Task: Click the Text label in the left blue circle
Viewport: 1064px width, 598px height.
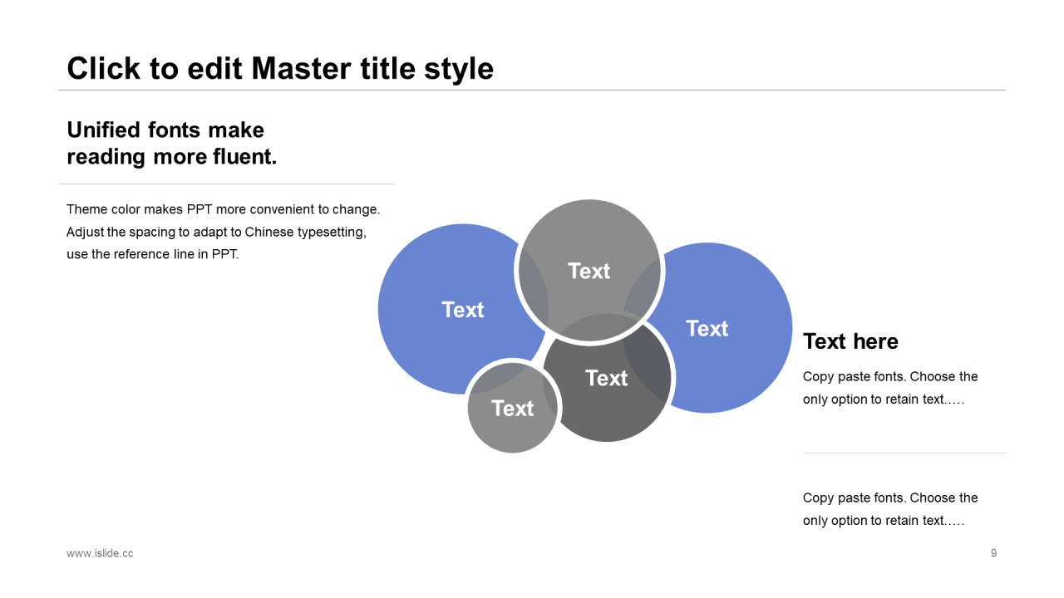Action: (462, 310)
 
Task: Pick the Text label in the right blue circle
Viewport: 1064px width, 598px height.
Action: (707, 329)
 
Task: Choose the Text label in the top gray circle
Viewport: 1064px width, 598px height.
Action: (589, 271)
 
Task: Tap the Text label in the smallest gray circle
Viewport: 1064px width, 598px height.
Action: (512, 409)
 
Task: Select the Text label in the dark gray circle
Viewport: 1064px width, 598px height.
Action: (606, 379)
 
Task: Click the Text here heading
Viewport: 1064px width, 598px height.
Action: (850, 341)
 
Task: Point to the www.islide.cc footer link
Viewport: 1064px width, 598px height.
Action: (100, 553)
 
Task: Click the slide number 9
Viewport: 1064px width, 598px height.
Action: (993, 553)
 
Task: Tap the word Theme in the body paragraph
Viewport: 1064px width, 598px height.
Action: (86, 209)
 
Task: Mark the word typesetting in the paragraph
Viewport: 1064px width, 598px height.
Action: (332, 232)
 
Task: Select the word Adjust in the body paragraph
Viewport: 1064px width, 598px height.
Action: (85, 232)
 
